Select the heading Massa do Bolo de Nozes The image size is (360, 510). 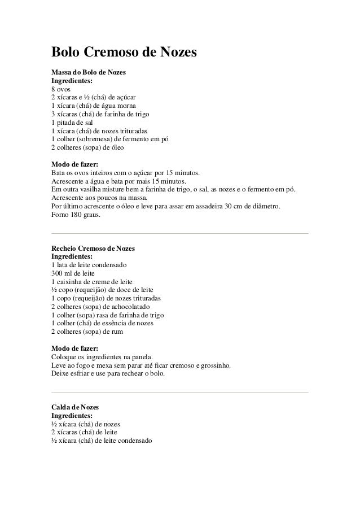(89, 73)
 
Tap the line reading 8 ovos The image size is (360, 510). (62, 89)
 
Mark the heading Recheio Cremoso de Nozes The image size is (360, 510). (93, 249)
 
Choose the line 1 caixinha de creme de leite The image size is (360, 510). (91, 281)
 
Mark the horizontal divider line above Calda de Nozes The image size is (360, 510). (179, 392)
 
